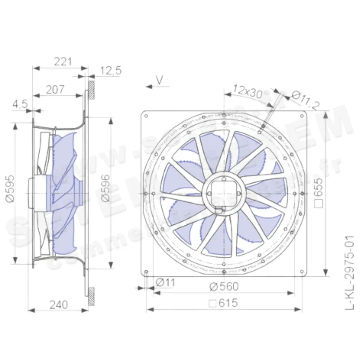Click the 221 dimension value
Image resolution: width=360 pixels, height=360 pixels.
(x=63, y=61)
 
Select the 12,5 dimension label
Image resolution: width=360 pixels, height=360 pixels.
(x=111, y=71)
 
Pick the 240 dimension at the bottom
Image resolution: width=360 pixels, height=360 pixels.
(x=58, y=305)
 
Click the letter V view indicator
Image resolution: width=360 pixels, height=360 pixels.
(x=160, y=79)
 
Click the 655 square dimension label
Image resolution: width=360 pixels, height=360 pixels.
(x=319, y=193)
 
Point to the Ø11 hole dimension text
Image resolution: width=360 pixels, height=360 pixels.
(x=165, y=283)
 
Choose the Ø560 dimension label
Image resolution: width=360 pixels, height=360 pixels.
(x=224, y=287)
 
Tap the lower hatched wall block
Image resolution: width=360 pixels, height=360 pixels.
(x=91, y=296)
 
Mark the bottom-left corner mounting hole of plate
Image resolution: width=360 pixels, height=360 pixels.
(x=146, y=272)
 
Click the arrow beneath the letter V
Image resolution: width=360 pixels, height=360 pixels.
(x=157, y=86)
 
